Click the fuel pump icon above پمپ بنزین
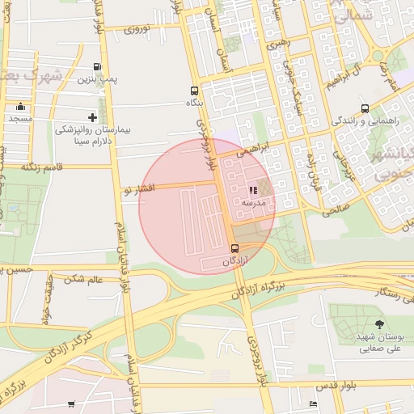98,67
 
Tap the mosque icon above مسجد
20,107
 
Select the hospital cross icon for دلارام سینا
92,117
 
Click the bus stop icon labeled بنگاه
193,91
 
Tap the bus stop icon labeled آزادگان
234,248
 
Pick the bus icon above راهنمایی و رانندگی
365,108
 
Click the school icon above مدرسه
253,190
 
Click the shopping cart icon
72,403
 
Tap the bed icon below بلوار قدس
313,403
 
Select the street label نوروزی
145,30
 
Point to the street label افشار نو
138,189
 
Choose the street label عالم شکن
84,279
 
